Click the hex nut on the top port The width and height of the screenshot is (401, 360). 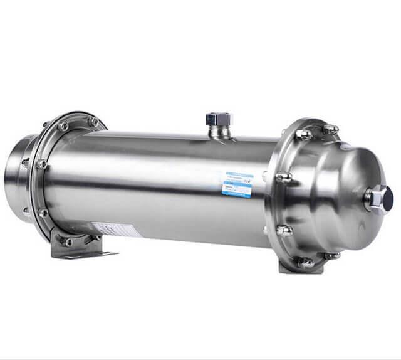(219, 119)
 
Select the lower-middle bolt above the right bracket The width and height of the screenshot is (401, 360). (283, 230)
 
